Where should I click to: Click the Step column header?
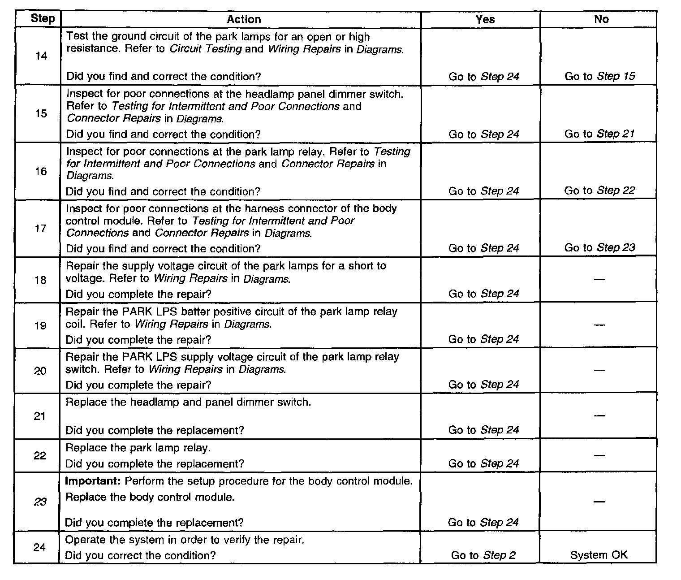coord(43,19)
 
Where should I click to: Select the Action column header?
coord(243,19)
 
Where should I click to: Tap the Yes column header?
coord(485,19)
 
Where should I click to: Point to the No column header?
coord(601,19)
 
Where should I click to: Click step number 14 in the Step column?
coord(41,56)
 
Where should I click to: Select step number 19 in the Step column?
coord(40,325)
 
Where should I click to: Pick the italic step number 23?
coord(40,502)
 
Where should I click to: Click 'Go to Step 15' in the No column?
coord(599,76)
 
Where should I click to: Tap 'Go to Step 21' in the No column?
coord(599,134)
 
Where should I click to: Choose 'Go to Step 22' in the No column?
coord(599,190)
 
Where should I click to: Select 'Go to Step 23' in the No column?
coord(599,247)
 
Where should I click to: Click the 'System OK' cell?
coord(599,555)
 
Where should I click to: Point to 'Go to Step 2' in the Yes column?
coord(483,555)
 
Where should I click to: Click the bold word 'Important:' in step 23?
coord(93,481)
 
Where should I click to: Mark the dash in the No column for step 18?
coord(599,280)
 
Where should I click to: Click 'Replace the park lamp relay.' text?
coord(138,448)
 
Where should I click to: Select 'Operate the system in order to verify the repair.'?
coord(185,540)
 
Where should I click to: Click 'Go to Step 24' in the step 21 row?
coord(483,430)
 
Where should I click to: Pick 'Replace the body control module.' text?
coord(150,497)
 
